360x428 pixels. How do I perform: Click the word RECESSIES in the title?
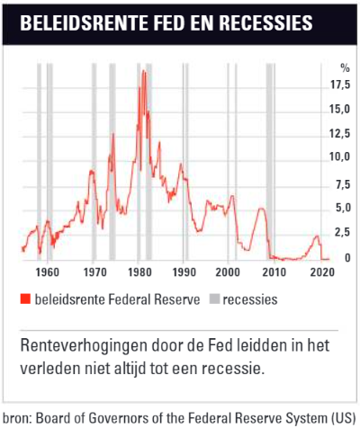266,22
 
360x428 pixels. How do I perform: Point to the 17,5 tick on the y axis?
340,85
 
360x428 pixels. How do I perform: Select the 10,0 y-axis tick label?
340,156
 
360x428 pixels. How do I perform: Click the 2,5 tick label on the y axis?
343,233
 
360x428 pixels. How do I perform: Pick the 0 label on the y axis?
347,258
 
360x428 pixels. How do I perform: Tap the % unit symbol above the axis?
346,68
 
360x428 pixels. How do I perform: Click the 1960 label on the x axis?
48,272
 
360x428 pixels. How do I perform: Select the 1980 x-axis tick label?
139,272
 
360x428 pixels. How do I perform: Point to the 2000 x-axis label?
228,272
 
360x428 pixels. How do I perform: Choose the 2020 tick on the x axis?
322,272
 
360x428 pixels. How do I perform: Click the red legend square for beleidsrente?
25,299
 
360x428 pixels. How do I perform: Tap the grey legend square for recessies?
215,299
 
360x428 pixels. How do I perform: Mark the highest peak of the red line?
143,70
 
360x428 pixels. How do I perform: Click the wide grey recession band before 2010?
269,162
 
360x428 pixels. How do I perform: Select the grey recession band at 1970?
94,162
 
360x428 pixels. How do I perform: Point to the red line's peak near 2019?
317,236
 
